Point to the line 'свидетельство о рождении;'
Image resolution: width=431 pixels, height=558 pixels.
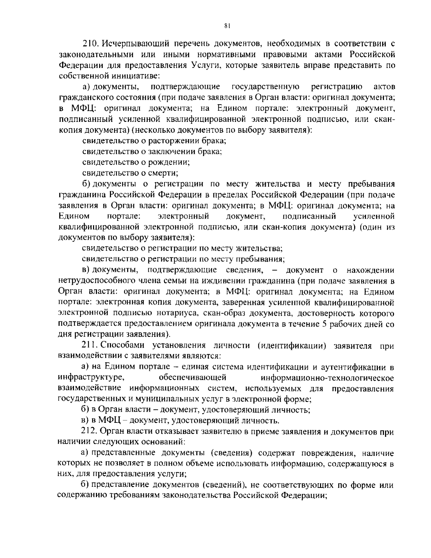136,162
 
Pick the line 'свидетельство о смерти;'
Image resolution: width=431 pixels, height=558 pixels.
130,173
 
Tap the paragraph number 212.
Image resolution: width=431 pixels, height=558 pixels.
90,431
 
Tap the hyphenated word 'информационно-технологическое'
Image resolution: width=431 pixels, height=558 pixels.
327,378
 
